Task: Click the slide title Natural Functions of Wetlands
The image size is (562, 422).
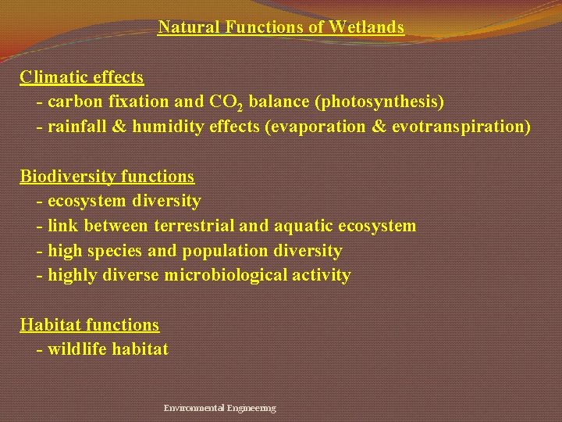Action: click(281, 27)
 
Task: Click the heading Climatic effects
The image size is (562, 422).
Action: click(82, 77)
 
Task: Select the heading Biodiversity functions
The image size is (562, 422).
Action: click(107, 177)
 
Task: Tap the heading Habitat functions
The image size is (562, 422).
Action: click(89, 324)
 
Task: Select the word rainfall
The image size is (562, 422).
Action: click(76, 127)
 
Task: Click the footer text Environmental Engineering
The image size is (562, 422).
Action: click(219, 408)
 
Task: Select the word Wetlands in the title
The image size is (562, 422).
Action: click(366, 27)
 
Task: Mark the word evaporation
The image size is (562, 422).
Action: click(319, 127)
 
